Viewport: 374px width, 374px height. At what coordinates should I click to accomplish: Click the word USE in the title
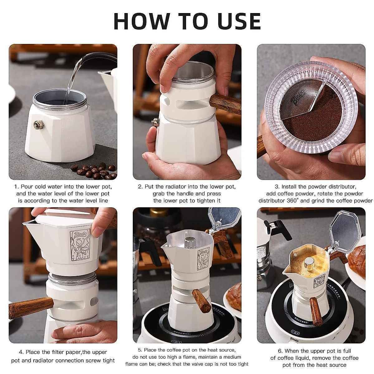(239, 22)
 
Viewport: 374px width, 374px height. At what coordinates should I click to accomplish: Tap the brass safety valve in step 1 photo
(39, 124)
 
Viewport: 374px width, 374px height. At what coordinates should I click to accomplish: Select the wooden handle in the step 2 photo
(225, 104)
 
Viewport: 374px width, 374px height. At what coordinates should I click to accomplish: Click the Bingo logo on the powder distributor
(298, 98)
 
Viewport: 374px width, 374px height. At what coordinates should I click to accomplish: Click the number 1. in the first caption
(17, 187)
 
